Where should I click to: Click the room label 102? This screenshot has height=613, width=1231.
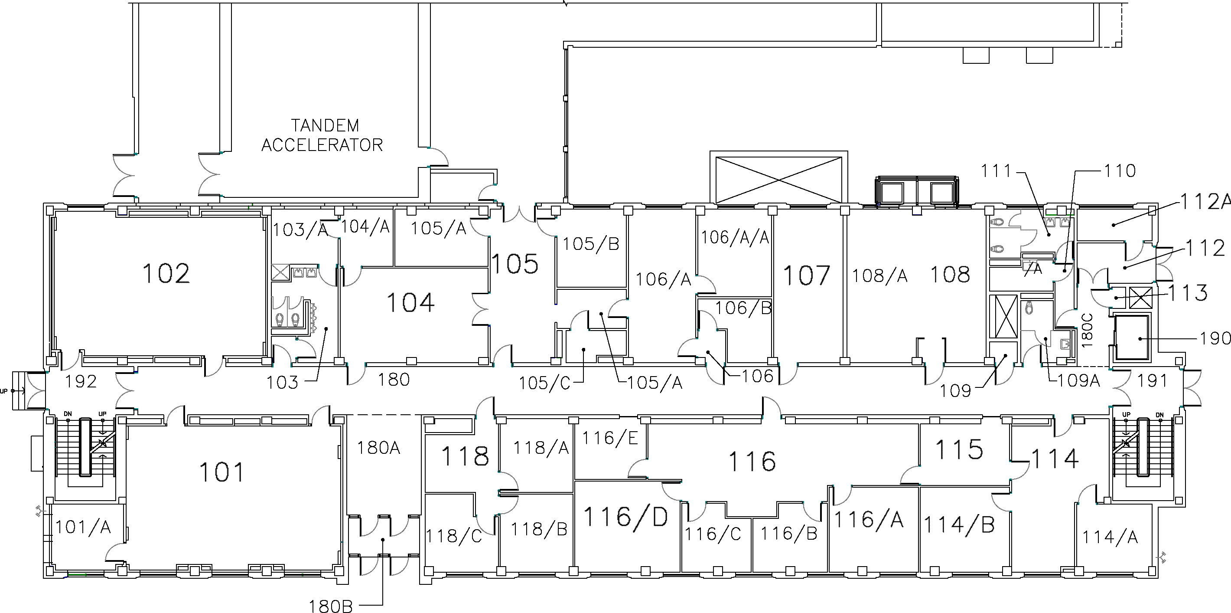pos(166,273)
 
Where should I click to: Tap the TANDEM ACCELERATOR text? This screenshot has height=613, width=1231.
pos(322,135)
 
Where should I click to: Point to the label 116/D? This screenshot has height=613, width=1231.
pos(625,517)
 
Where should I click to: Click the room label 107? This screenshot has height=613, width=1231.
pos(807,276)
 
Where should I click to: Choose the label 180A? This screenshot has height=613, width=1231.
pos(378,448)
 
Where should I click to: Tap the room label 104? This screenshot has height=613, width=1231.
pos(410,303)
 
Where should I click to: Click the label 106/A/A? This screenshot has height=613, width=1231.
pos(735,237)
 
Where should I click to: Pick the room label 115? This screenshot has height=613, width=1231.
pos(959,449)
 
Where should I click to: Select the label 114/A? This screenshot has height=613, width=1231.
pos(1110,538)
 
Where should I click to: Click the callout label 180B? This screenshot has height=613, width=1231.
pos(331,606)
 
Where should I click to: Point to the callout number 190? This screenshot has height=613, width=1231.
pos(1215,338)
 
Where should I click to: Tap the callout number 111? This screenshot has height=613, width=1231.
pos(997,170)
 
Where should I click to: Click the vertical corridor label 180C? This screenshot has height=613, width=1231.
pos(1087,330)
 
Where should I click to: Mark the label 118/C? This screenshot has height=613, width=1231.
pos(454,537)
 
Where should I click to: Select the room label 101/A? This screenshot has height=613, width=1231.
pos(83,528)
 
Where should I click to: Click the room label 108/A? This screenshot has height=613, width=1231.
pos(880,276)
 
